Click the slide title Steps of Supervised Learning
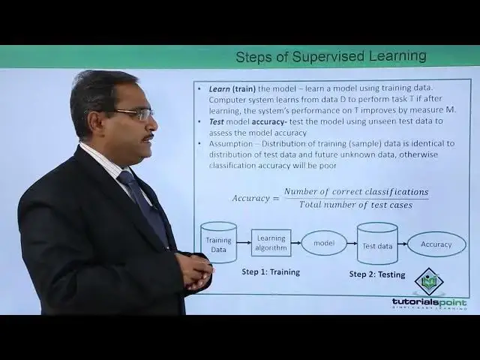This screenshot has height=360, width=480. pos(331,56)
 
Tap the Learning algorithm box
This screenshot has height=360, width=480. pos(271,242)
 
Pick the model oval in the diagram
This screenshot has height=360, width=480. pos(324,243)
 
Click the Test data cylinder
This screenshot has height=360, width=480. pos(377,244)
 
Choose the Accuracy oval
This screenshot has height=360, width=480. pos(436,244)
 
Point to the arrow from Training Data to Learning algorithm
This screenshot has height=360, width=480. pos(244,242)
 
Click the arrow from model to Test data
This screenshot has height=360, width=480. pos(352,244)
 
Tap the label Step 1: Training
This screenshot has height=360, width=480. pos(271,271)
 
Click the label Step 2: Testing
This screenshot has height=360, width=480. pos(377,274)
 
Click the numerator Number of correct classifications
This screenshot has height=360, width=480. pos(356,192)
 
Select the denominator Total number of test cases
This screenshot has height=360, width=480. pos(355,205)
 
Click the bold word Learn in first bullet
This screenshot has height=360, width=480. pos(219,88)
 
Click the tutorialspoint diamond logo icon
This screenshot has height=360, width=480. pos(429,281)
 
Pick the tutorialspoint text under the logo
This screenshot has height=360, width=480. pos(429,302)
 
